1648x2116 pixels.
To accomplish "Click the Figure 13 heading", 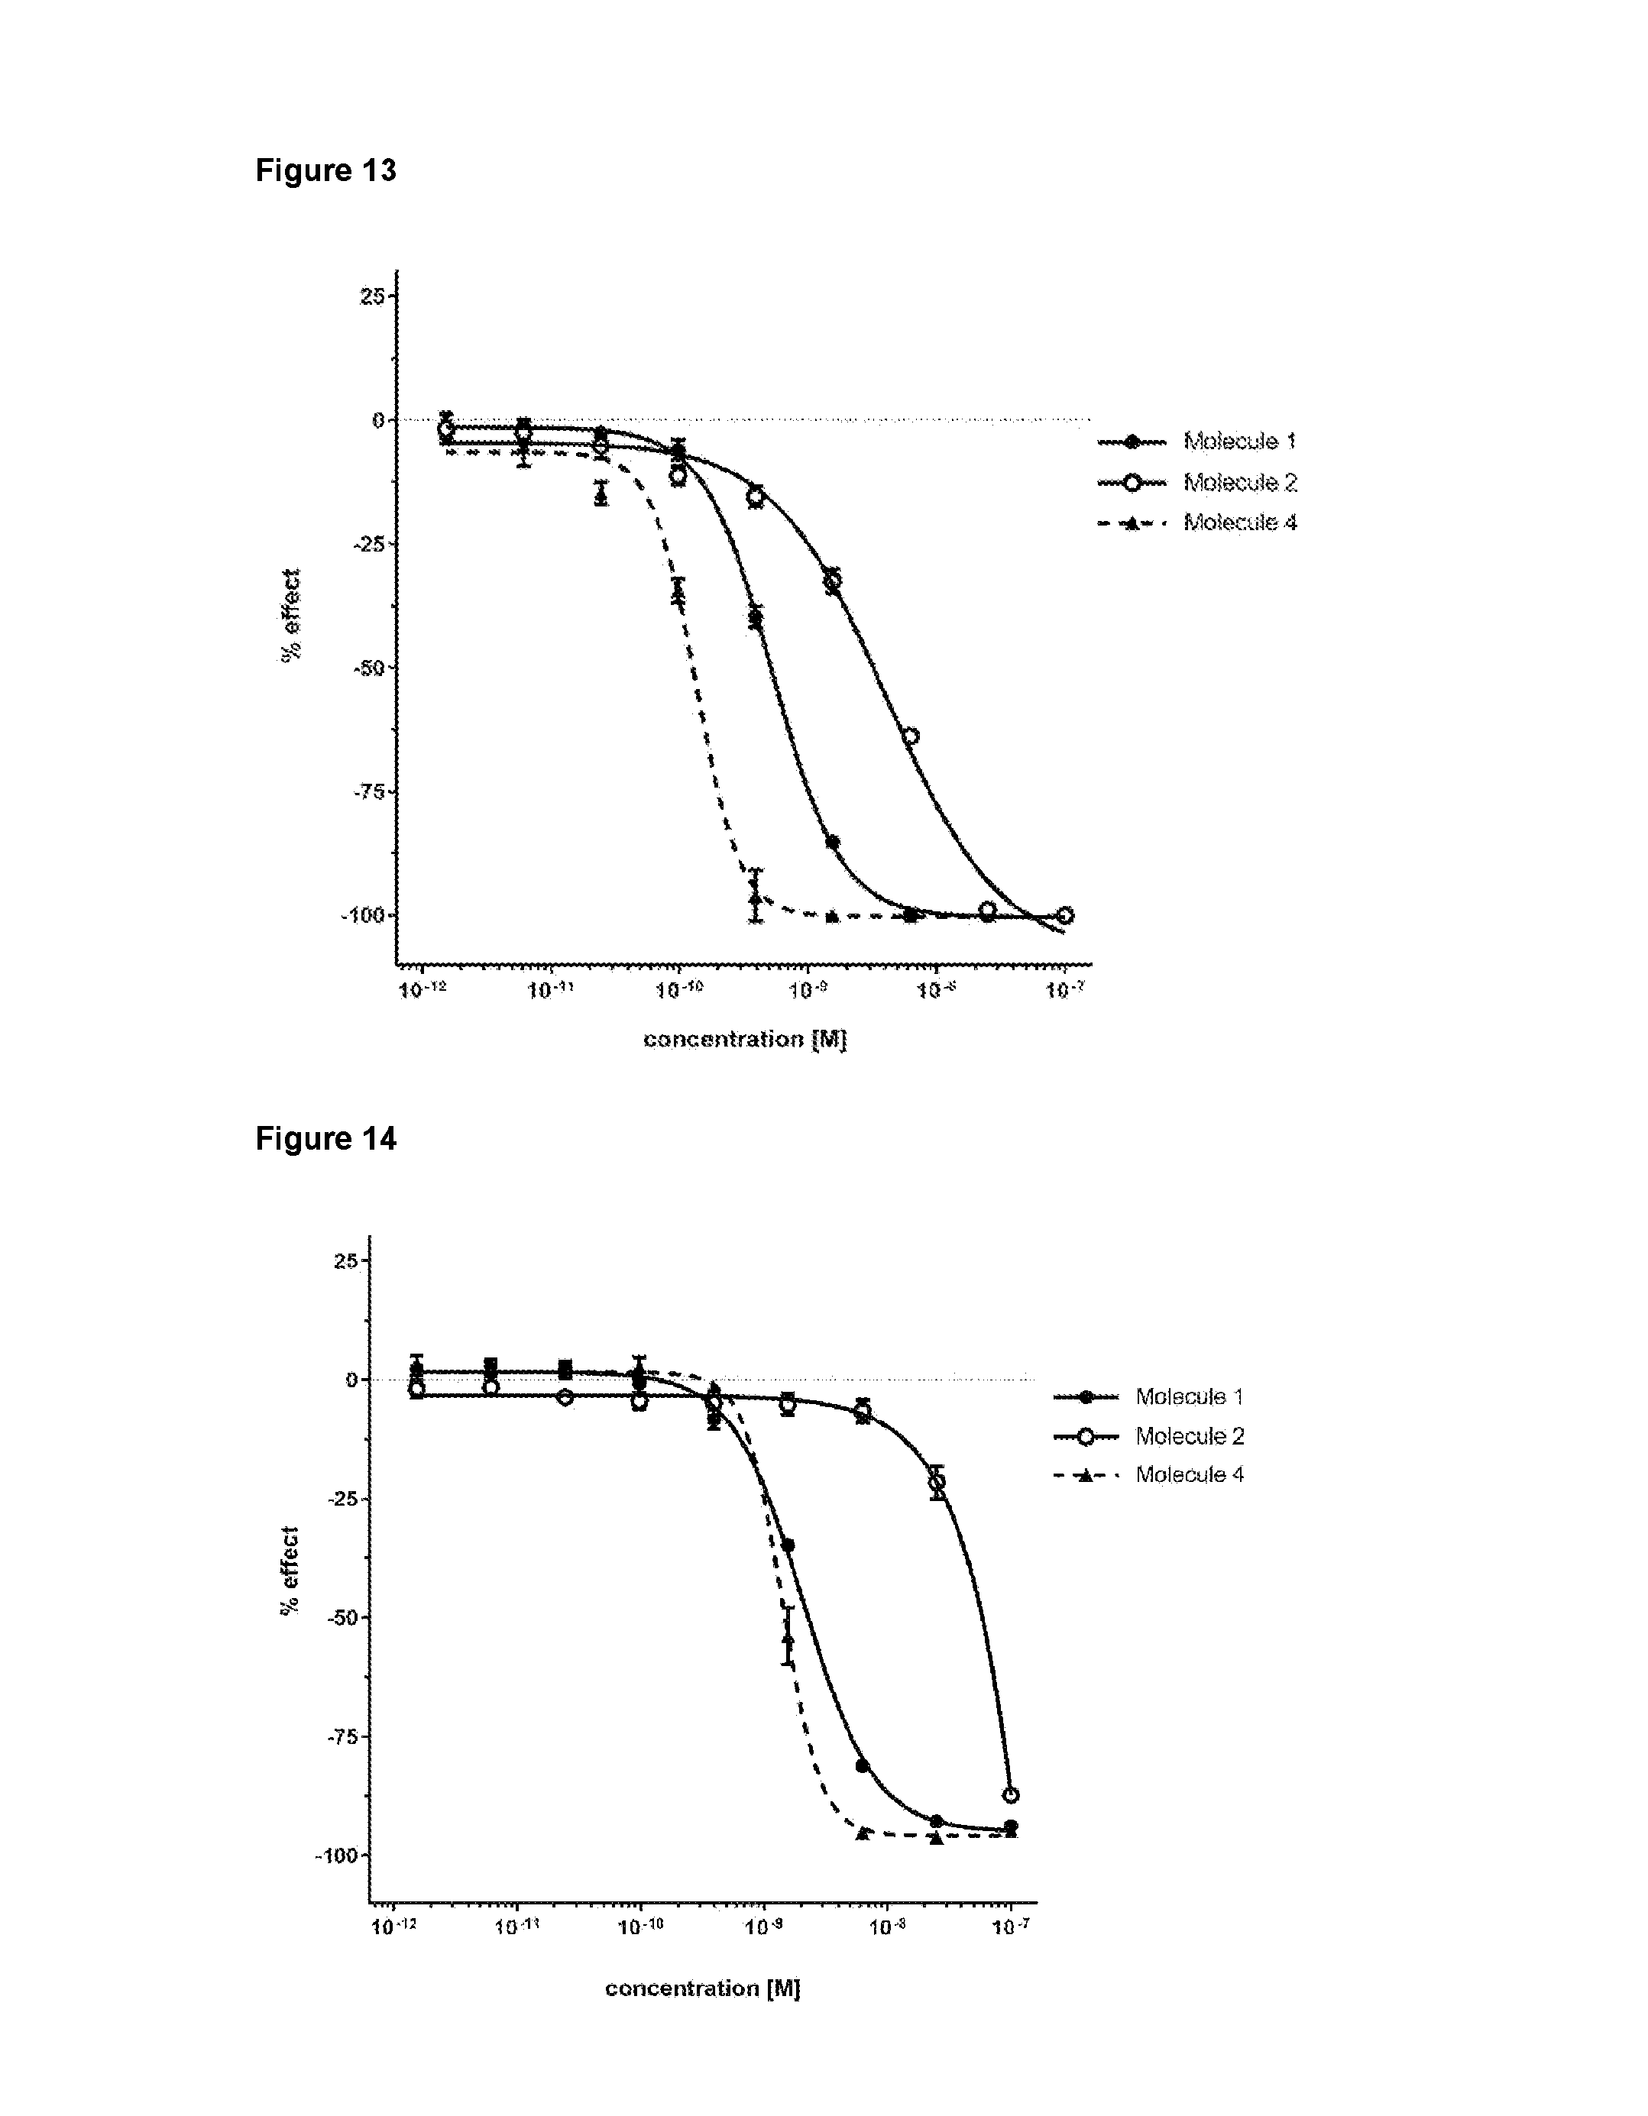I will point(325,170).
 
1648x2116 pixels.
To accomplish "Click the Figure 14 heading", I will point(325,1138).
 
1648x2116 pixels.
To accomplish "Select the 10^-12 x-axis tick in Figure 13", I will point(423,991).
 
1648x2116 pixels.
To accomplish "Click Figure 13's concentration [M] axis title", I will point(744,1040).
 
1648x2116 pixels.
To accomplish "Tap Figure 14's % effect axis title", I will point(290,1570).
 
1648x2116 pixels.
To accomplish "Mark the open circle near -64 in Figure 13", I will point(910,736).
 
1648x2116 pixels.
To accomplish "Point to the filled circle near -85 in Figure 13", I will point(832,842).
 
